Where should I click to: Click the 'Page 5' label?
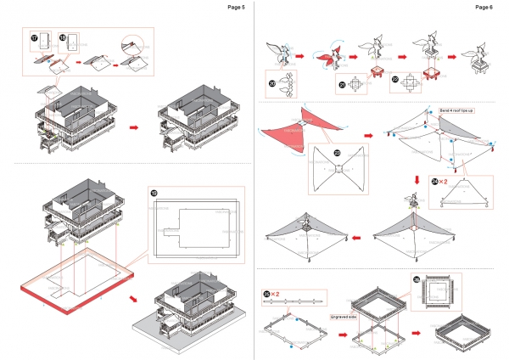click(237, 7)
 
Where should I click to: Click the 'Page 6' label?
click(484, 7)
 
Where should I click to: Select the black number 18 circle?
click(64, 38)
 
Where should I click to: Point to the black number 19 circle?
click(154, 193)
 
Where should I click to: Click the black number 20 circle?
click(271, 83)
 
